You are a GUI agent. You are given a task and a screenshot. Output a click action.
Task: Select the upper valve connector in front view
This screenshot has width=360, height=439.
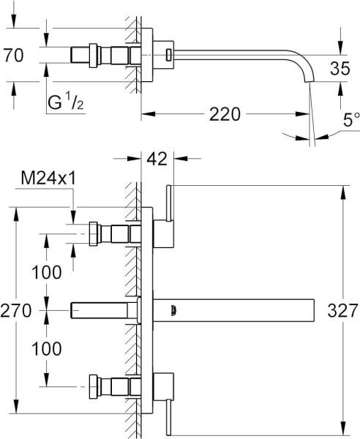[110, 233]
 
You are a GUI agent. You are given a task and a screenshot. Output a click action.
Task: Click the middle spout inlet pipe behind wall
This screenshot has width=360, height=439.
[102, 310]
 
